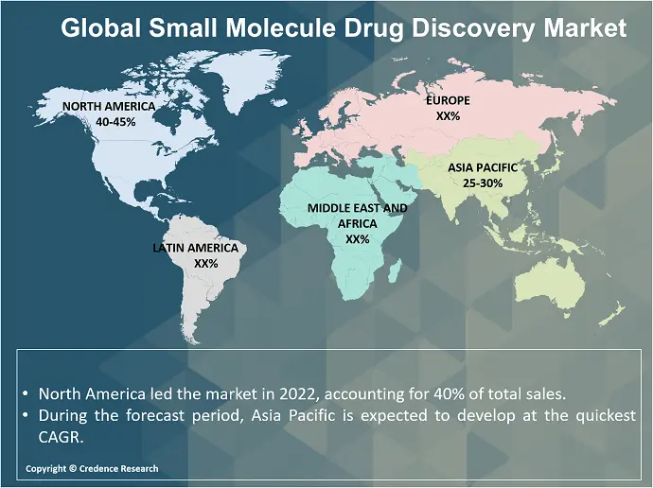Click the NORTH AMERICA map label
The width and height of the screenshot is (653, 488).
click(108, 107)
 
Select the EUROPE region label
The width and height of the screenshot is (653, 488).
click(448, 99)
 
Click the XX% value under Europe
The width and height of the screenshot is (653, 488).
click(448, 115)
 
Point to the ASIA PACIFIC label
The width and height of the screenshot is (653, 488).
click(483, 167)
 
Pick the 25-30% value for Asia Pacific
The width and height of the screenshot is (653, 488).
click(483, 183)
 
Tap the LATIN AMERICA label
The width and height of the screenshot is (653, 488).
click(199, 248)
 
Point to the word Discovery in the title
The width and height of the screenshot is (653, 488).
click(482, 29)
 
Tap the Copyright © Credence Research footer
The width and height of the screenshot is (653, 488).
click(92, 469)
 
